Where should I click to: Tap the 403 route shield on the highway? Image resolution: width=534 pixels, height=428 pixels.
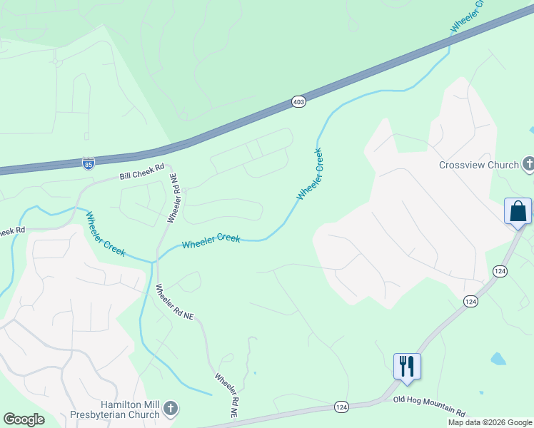tap(298, 102)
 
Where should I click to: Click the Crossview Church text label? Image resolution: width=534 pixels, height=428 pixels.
tap(478, 165)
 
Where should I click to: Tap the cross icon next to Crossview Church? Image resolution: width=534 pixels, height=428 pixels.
tap(528, 165)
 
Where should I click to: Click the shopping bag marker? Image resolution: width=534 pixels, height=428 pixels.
tap(518, 211)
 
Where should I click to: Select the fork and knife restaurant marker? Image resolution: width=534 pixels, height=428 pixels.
tap(407, 366)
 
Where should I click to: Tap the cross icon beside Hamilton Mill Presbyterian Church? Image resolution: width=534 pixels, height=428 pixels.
tap(170, 409)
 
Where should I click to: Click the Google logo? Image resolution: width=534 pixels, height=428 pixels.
tap(24, 419)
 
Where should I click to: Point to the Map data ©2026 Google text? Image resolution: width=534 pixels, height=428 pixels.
tap(490, 422)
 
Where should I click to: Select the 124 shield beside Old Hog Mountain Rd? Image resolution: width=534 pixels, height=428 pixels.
tap(341, 407)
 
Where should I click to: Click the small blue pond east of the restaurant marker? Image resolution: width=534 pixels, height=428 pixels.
tap(498, 358)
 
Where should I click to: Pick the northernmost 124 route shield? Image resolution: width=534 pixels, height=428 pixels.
tap(499, 270)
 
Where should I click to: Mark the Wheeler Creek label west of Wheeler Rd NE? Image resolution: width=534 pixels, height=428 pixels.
tap(106, 234)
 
